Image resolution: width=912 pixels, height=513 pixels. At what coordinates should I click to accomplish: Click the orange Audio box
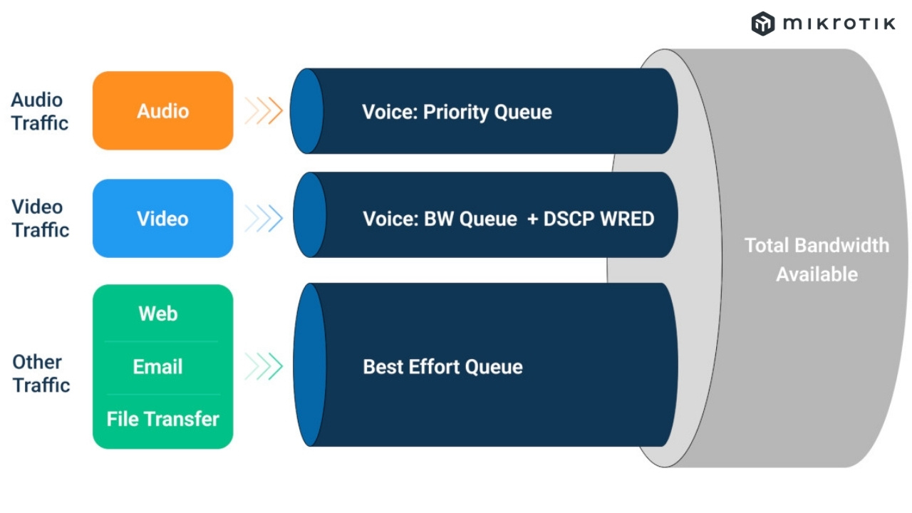coord(162,110)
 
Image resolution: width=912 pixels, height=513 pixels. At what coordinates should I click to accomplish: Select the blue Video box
coord(162,218)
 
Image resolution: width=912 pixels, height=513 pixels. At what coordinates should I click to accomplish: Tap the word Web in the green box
coord(158,313)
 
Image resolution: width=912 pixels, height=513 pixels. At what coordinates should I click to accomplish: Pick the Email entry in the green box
coord(158,367)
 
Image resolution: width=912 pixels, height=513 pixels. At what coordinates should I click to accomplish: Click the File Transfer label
coord(162,419)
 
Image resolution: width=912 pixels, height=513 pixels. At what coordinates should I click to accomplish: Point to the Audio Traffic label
coord(40,111)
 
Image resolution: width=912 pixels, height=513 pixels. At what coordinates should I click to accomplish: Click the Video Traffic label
coord(40,218)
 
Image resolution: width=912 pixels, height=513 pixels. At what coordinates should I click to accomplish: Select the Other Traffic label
coord(41,373)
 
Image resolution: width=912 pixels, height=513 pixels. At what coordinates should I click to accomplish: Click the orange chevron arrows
coord(264,111)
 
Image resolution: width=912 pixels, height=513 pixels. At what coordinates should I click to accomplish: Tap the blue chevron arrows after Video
coord(264,219)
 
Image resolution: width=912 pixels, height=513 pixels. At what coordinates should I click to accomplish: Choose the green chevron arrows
coord(264,367)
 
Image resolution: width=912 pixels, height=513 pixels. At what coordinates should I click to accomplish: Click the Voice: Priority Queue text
coord(457,112)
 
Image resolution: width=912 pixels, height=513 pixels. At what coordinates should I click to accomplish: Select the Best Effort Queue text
coord(442,367)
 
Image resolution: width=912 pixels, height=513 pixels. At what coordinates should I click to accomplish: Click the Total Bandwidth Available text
coord(817,259)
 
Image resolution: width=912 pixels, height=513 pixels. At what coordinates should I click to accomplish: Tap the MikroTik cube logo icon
coord(762,24)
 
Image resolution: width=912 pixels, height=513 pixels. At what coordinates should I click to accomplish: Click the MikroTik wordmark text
coord(839,24)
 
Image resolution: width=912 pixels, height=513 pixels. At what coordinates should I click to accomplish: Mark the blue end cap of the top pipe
coord(306,111)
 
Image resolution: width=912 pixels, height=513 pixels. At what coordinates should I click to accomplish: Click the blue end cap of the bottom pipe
coord(309,365)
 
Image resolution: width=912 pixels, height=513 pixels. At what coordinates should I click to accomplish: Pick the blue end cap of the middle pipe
coord(309,214)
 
